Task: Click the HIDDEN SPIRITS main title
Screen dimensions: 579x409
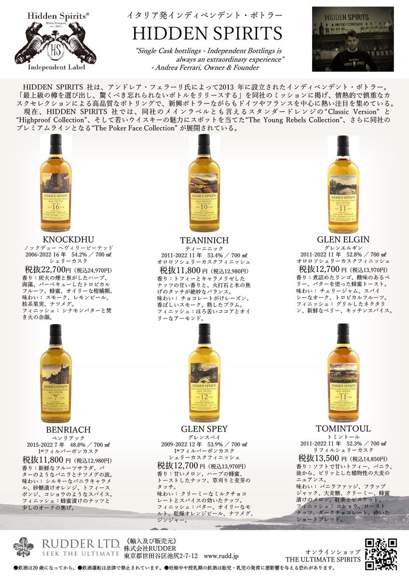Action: click(x=207, y=33)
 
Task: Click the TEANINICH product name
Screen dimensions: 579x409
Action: click(x=204, y=240)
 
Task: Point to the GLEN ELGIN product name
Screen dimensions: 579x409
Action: click(x=343, y=239)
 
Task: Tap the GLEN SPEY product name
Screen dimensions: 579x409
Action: click(x=204, y=429)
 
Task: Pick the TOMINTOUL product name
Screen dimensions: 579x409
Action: click(x=343, y=428)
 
